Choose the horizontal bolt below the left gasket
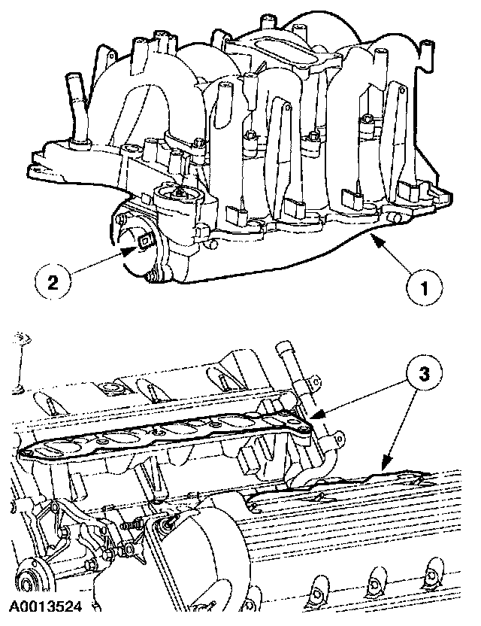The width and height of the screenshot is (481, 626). pyautogui.click(x=132, y=519)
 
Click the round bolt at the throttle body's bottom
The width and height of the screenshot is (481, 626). pyautogui.click(x=153, y=280)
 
